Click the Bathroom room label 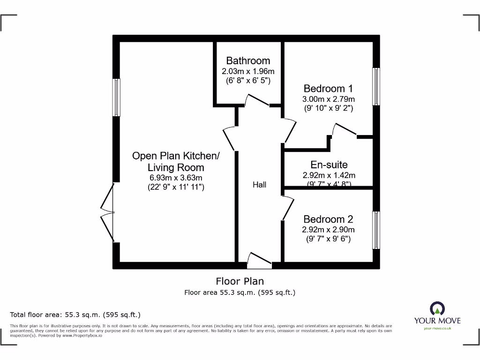pos(248,60)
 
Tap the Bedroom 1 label pos(328,89)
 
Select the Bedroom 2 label pos(328,219)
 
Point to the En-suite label pos(329,165)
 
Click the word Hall pos(259,185)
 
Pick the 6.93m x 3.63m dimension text pos(176,178)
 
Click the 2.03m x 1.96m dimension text pos(248,71)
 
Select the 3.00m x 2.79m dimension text pos(328,99)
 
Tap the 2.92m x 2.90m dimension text pos(328,230)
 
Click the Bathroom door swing pos(256,100)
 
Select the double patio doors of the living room pos(108,213)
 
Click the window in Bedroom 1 pos(376,87)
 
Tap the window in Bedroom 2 pos(376,230)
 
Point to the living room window pos(116,97)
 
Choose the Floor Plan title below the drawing pos(240,281)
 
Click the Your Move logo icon pos(437,309)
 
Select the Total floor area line pos(75,315)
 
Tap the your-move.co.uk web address pos(437,329)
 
